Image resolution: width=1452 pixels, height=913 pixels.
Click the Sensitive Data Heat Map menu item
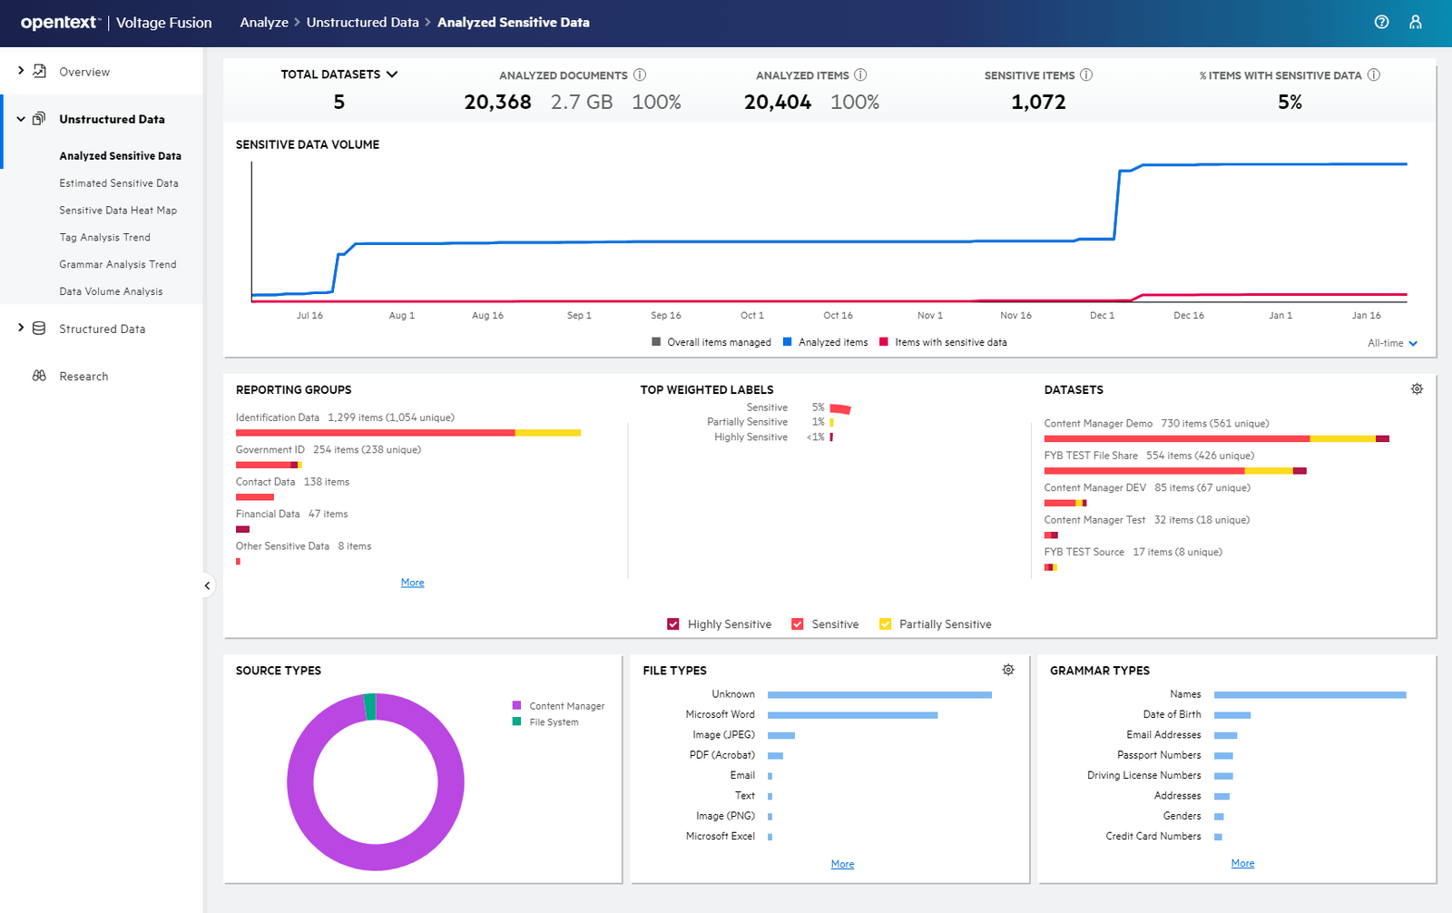tap(118, 211)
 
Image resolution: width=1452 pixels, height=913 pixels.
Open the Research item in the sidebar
tap(83, 377)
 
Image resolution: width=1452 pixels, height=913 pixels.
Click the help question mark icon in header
tap(1381, 23)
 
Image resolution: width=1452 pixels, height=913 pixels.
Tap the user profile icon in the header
tap(1415, 23)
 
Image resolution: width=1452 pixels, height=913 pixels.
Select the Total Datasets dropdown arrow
tap(392, 74)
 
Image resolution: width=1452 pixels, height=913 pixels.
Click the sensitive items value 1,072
tap(1038, 103)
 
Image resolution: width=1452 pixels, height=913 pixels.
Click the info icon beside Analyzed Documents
tap(640, 75)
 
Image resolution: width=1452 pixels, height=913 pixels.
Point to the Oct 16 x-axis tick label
tap(838, 316)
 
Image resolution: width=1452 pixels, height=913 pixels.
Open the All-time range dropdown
tap(1393, 343)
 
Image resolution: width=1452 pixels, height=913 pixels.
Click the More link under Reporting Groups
tap(412, 583)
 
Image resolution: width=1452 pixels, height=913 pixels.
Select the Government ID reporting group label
tap(270, 450)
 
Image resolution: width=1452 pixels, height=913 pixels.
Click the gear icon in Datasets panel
tap(1417, 389)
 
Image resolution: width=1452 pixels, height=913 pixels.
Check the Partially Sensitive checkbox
tap(885, 624)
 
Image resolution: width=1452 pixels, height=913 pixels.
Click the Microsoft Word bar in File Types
tap(852, 715)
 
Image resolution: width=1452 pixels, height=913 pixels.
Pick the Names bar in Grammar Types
tap(1310, 695)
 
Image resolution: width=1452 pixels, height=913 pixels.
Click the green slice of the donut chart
tap(369, 706)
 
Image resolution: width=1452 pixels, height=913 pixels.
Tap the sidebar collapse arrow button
tap(207, 585)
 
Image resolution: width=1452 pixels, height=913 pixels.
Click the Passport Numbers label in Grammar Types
tap(1159, 755)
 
